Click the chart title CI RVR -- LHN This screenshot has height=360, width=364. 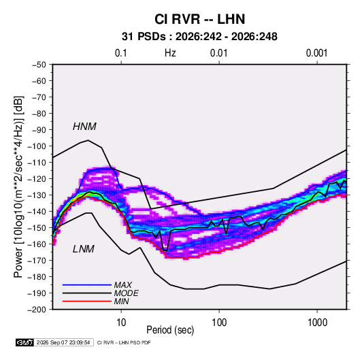pyautogui.click(x=199, y=19)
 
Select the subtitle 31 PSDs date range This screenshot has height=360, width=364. pyautogui.click(x=199, y=37)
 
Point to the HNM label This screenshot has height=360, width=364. pyautogui.click(x=84, y=127)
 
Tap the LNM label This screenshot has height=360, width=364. pyautogui.click(x=84, y=249)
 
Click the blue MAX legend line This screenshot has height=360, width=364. pyautogui.click(x=87, y=284)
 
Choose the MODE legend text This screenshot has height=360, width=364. pyautogui.click(x=127, y=293)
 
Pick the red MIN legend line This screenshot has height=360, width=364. pyautogui.click(x=87, y=301)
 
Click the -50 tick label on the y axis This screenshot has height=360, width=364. pyautogui.click(x=39, y=65)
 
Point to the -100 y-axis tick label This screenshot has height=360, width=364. pyautogui.click(x=37, y=146)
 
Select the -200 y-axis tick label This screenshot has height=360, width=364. pyautogui.click(x=37, y=310)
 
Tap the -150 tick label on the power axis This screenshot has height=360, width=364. pyautogui.click(x=37, y=228)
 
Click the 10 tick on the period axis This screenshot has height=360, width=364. pyautogui.click(x=121, y=323)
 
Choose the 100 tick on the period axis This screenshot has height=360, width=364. pyautogui.click(x=219, y=323)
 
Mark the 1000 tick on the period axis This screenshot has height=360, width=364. pyautogui.click(x=317, y=323)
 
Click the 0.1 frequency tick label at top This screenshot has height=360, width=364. pyautogui.click(x=121, y=53)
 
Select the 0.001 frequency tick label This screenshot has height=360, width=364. pyautogui.click(x=316, y=53)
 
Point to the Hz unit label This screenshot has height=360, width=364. pyautogui.click(x=170, y=53)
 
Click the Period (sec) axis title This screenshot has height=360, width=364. pyautogui.click(x=170, y=330)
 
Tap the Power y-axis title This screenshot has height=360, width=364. pyautogui.click(x=18, y=187)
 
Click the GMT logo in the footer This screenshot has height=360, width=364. pyautogui.click(x=25, y=342)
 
